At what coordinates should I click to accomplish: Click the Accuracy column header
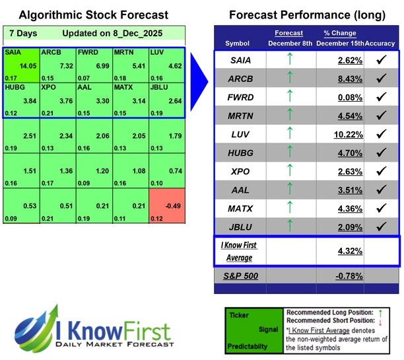click(x=381, y=43)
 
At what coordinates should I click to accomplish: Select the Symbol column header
click(x=237, y=43)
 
